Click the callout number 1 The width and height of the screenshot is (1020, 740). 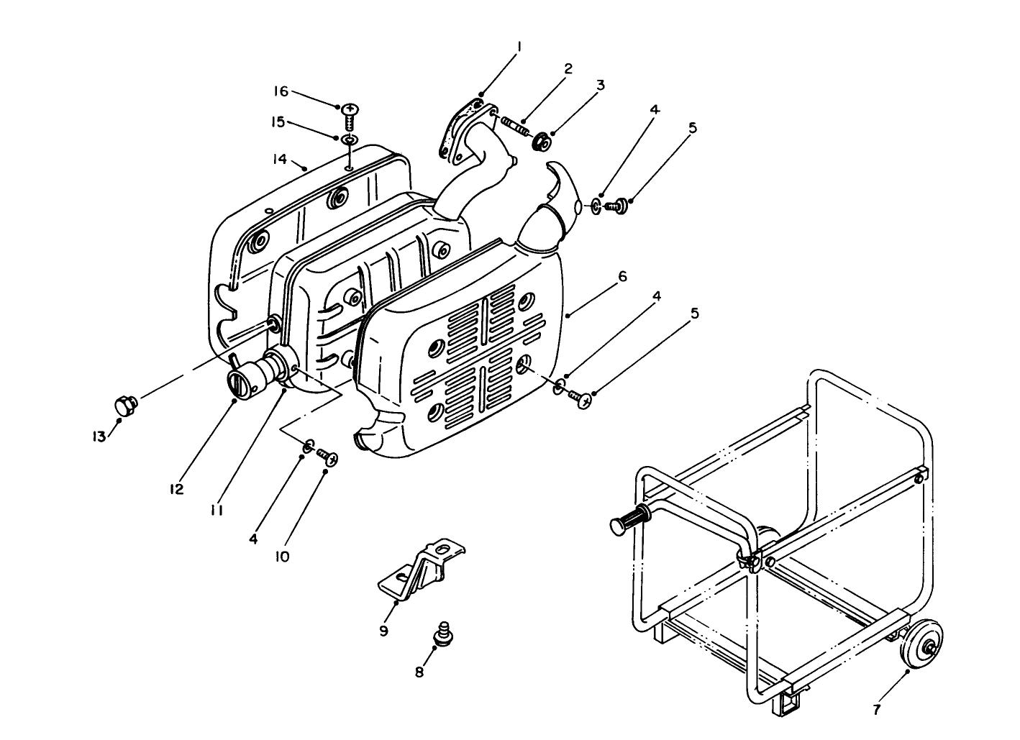tap(519, 47)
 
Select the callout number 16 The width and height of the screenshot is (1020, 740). tap(281, 91)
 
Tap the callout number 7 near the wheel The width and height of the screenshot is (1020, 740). tap(876, 710)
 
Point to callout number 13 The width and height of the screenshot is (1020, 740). tap(98, 437)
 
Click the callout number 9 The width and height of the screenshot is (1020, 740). tap(383, 631)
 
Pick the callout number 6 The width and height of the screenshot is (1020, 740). tap(623, 277)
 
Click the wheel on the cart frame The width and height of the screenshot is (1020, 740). tap(923, 645)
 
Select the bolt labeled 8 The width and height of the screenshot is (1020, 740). tap(444, 634)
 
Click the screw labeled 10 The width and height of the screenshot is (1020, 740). tap(328, 457)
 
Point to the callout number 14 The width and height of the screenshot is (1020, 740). tap(280, 158)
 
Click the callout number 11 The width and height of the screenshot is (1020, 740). tap(217, 509)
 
